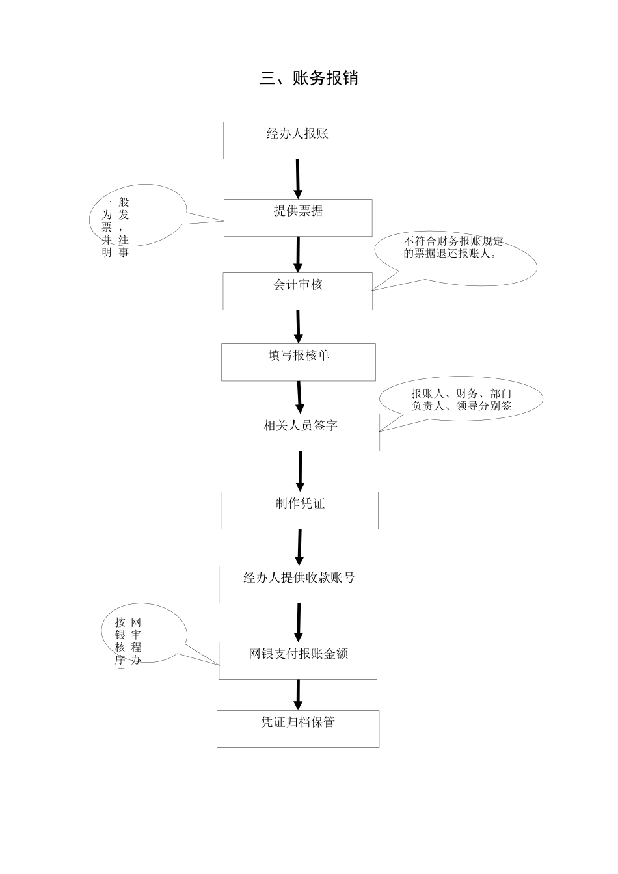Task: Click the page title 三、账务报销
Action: coord(309,79)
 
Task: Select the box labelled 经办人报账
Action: coord(297,140)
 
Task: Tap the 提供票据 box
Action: coord(298,217)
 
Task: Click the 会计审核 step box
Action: coord(297,291)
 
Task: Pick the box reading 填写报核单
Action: coord(298,362)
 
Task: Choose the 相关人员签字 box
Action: coord(300,432)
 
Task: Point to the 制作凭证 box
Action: coord(300,510)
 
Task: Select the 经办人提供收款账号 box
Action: coord(299,584)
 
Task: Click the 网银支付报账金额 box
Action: coord(298,660)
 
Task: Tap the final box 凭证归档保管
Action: coord(298,728)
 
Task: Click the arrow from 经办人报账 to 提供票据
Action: coord(298,179)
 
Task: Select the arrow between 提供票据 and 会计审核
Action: coord(298,254)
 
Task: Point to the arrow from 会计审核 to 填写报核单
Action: coord(298,326)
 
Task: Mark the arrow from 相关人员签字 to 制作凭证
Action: coord(300,471)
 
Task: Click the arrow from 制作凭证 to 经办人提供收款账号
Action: coord(300,547)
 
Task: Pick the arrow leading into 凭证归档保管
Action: coord(298,695)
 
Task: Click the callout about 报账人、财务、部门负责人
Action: coord(461,400)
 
